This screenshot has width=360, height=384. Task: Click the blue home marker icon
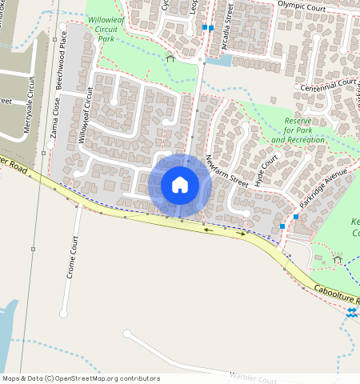point(180,185)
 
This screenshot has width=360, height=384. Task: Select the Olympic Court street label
point(303,5)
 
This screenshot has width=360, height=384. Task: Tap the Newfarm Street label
point(227,170)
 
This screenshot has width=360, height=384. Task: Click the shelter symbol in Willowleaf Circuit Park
point(170,57)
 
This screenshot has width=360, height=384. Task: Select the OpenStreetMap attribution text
point(81,378)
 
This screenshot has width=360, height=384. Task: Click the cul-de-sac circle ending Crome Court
point(63,314)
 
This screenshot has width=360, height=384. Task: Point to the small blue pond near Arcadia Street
point(224,60)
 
